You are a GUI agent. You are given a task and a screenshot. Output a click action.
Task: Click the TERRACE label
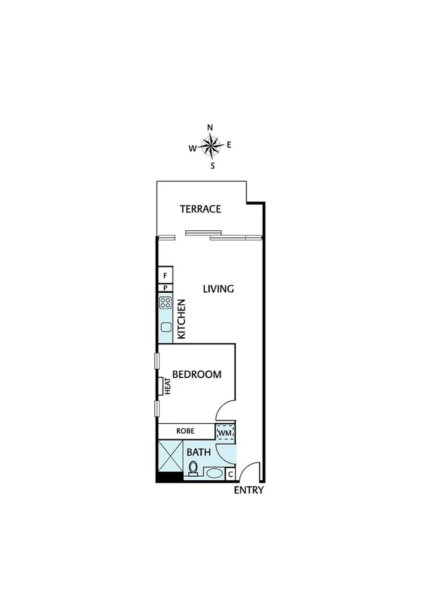200,209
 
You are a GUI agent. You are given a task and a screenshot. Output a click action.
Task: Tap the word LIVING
218,289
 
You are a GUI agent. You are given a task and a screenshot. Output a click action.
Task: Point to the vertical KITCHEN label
181,320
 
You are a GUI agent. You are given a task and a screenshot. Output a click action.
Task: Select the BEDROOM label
197,375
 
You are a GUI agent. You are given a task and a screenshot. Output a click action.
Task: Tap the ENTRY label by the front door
249,490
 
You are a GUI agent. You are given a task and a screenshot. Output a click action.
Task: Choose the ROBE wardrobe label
185,430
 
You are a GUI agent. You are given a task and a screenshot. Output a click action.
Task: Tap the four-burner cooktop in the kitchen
166,303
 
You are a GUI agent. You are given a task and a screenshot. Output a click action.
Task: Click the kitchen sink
166,327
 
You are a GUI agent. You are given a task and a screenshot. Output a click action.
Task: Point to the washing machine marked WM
225,432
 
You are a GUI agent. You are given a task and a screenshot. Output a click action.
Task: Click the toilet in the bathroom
193,467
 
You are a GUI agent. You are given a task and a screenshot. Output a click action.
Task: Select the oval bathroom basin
213,474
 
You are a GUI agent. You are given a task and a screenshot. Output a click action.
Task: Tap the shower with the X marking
170,455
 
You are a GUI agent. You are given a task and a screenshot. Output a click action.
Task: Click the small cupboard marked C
231,475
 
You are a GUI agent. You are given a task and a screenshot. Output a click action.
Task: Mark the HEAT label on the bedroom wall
168,385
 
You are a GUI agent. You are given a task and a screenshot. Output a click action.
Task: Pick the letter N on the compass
210,127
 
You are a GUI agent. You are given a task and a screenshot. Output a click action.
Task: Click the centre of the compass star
211,146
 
